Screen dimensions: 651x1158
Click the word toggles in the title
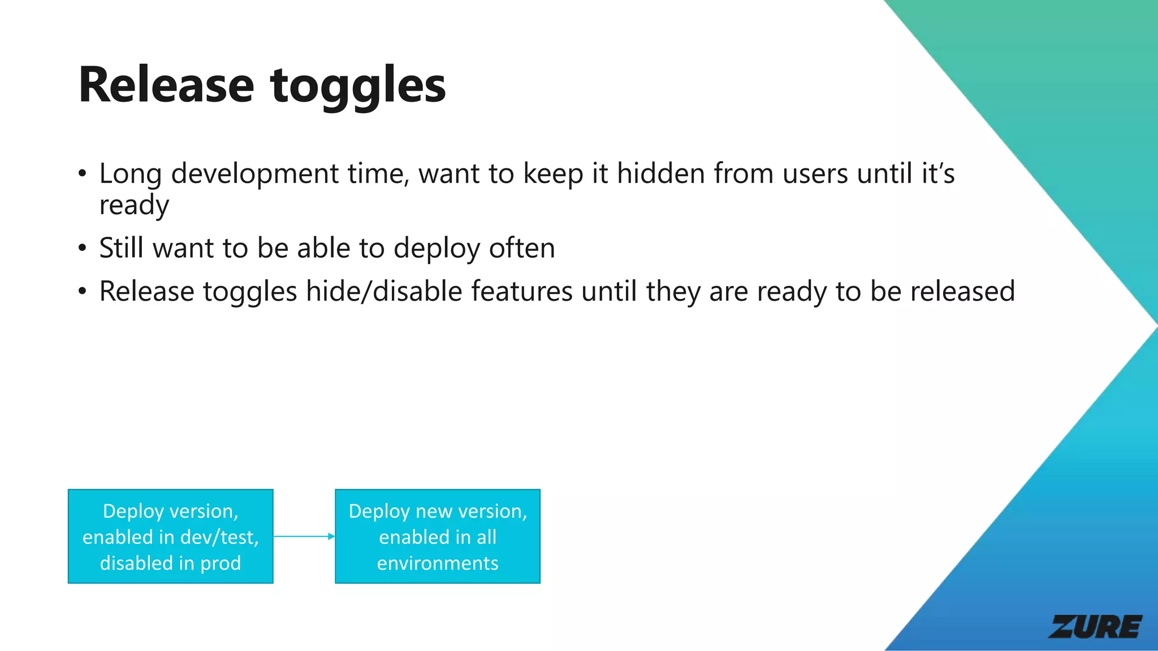(x=358, y=86)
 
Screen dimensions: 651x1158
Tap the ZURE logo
(x=1095, y=627)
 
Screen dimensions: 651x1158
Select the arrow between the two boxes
(x=304, y=536)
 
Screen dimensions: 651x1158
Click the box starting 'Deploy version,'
(x=170, y=536)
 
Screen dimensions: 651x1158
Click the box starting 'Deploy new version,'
(x=438, y=536)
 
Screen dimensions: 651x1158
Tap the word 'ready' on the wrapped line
(x=134, y=205)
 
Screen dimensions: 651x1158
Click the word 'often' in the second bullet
(x=522, y=248)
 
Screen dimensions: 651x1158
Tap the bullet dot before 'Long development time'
(x=83, y=173)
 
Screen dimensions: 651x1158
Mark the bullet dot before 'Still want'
(x=83, y=248)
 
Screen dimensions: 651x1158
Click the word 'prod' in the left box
(x=220, y=563)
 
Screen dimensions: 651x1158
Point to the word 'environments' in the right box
(x=438, y=563)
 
